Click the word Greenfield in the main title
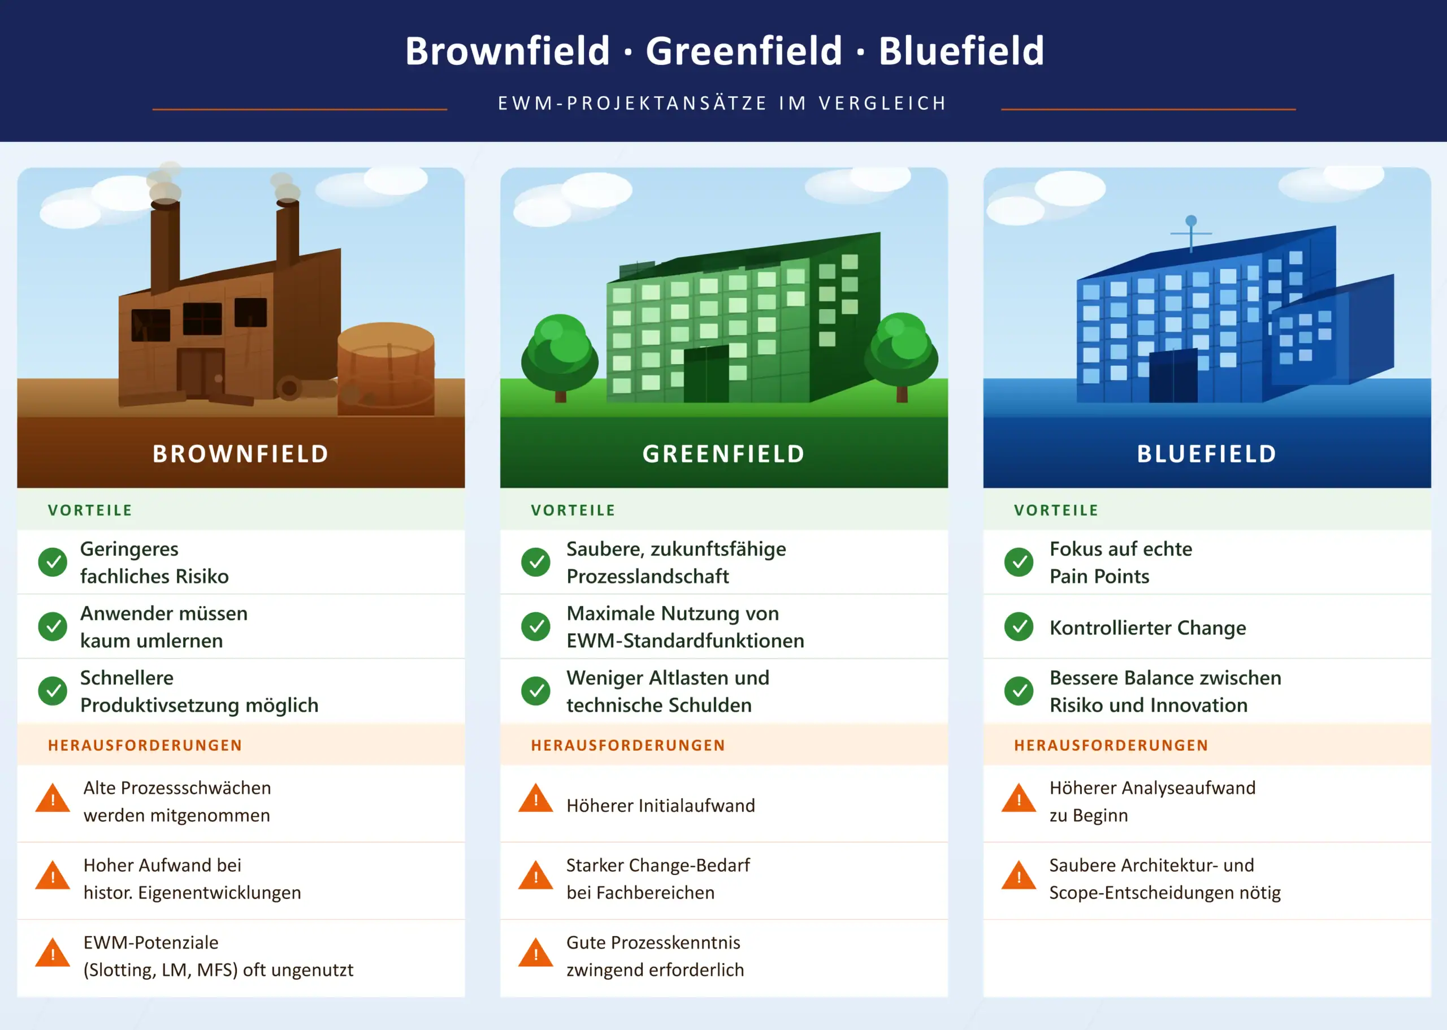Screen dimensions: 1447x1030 coord(744,51)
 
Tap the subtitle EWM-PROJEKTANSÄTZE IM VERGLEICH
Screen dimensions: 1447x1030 coord(723,103)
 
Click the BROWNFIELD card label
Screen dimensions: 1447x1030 coord(241,454)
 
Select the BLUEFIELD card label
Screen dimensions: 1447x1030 coord(1207,454)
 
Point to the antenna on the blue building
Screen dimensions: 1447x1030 coord(1191,232)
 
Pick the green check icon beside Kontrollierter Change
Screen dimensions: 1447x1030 coord(1019,626)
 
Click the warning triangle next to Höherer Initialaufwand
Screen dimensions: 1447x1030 coord(536,799)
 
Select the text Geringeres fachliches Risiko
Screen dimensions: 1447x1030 coord(154,562)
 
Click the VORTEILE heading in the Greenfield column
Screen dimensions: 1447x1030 coord(573,510)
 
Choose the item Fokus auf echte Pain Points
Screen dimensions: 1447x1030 coord(1120,562)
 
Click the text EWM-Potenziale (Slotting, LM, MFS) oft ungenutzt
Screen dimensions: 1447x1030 coord(218,957)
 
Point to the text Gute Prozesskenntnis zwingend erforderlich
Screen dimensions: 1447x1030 coord(655,957)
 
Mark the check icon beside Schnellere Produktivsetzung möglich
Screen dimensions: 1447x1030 coord(53,691)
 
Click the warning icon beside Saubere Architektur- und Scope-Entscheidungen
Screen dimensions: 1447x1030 coord(1019,876)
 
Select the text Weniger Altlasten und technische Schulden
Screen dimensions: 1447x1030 coord(668,691)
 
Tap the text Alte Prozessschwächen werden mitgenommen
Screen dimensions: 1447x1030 coord(177,802)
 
